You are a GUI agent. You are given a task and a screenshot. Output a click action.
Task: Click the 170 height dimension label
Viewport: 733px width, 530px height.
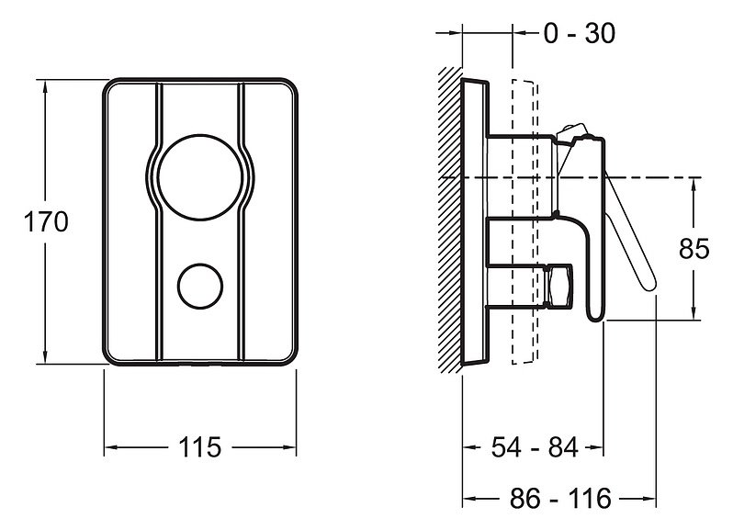46,221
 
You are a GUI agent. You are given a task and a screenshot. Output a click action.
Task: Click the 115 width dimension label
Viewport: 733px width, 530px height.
199,447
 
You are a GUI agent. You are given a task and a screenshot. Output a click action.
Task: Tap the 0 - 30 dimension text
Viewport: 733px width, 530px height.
580,33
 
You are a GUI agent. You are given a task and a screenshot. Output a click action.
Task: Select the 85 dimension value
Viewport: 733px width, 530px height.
694,248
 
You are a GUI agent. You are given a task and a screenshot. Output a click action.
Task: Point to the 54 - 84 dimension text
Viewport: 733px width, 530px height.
535,446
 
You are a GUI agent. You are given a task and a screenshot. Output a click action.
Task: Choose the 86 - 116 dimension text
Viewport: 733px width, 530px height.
560,498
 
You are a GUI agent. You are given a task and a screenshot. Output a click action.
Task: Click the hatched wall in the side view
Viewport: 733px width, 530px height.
450,220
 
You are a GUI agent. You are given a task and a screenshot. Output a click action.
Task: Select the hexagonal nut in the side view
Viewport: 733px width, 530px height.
558,287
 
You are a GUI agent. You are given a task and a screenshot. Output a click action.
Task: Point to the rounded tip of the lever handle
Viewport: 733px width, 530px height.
648,283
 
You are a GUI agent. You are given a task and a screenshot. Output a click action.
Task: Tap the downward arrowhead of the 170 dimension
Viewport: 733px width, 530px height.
45,356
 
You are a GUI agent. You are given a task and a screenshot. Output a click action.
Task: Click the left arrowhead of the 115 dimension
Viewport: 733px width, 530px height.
111,447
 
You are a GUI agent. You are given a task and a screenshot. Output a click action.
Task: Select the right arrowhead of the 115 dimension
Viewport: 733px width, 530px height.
289,447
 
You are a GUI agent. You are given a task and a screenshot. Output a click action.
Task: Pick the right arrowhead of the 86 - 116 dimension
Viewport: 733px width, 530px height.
649,499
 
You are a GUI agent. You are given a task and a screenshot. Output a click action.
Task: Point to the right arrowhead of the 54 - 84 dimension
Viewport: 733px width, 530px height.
596,447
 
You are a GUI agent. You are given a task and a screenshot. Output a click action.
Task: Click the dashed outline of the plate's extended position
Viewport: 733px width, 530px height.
536,222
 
